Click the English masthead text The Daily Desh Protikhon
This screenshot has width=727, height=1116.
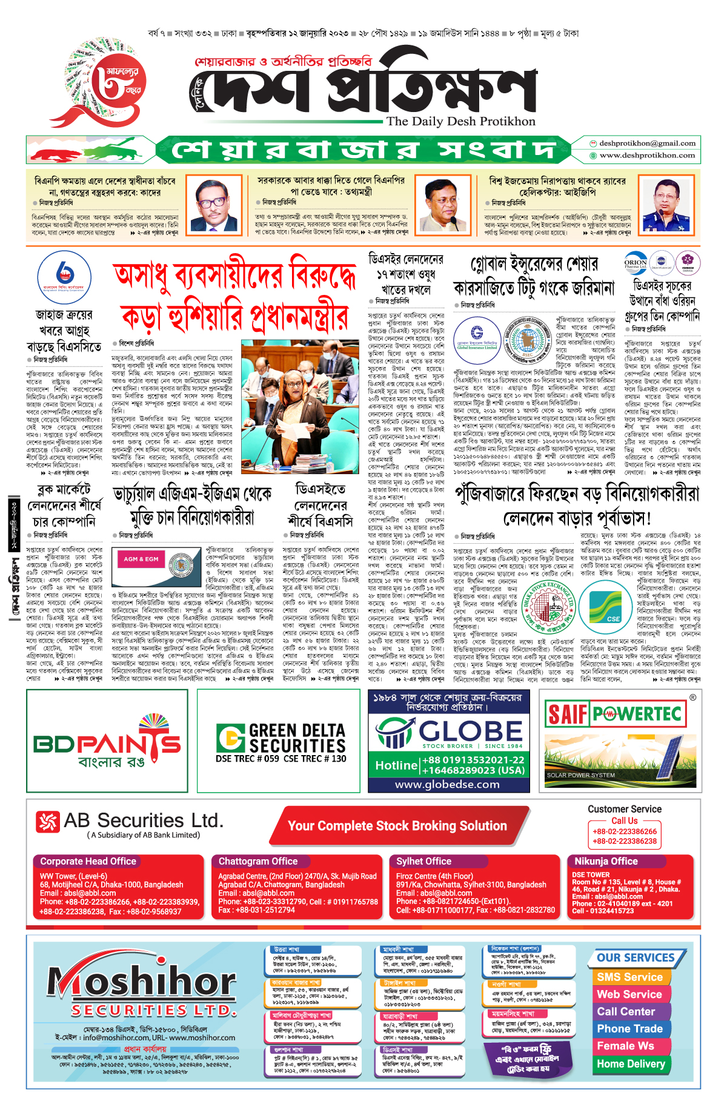pyautogui.click(x=461, y=122)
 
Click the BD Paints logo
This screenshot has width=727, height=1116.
pyautogui.click(x=107, y=742)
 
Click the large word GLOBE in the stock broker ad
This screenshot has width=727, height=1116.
pyautogui.click(x=470, y=731)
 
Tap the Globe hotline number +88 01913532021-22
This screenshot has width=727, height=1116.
pyautogui.click(x=473, y=760)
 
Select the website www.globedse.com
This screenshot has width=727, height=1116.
pyautogui.click(x=447, y=784)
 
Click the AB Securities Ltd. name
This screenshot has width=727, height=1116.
pyautogui.click(x=143, y=821)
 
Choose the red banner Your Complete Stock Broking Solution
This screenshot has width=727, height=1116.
pyautogui.click(x=397, y=826)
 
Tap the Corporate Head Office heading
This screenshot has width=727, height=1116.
pyautogui.click(x=88, y=861)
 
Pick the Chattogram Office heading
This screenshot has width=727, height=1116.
pyautogui.click(x=257, y=861)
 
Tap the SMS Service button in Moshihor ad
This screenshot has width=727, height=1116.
pyautogui.click(x=629, y=977)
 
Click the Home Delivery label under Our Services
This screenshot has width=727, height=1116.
pyautogui.click(x=631, y=1064)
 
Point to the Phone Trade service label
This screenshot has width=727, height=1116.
pyautogui.click(x=629, y=1029)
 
